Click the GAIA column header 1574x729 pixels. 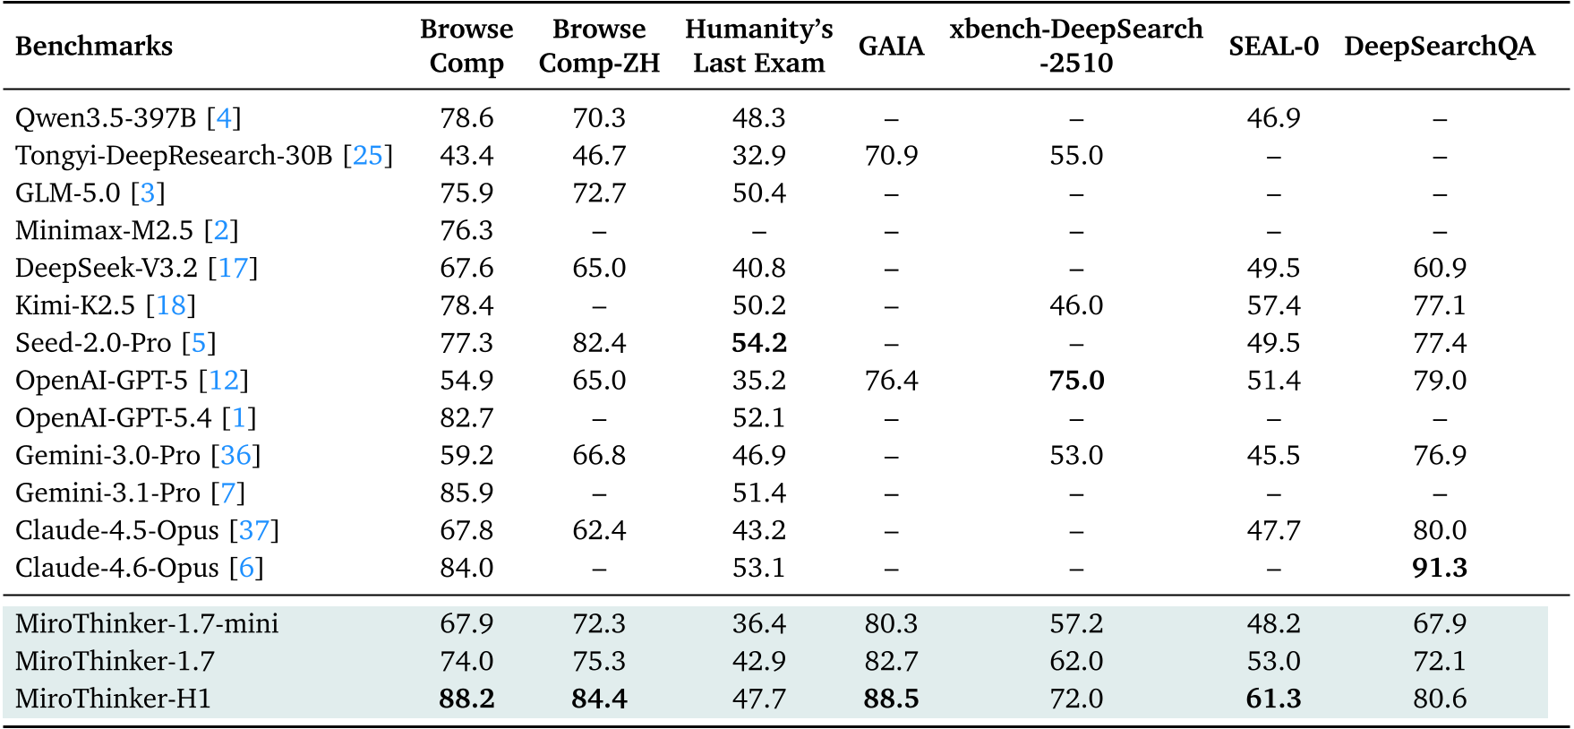(891, 46)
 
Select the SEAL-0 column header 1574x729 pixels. (1273, 46)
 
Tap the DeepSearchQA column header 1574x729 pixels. (1439, 46)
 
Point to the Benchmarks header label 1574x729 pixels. (94, 46)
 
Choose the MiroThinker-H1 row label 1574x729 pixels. (113, 699)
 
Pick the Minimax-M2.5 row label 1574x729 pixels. (104, 230)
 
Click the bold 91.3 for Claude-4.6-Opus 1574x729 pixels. (1439, 568)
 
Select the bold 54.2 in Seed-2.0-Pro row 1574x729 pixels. (758, 343)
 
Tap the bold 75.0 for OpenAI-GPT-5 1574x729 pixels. (1076, 381)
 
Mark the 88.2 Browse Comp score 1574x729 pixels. (466, 699)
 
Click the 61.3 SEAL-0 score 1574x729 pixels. (1273, 699)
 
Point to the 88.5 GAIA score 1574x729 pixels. (891, 699)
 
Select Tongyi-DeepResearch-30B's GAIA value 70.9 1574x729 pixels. (891, 156)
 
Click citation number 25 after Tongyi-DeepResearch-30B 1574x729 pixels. (368, 156)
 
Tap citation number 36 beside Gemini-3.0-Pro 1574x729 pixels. (235, 455)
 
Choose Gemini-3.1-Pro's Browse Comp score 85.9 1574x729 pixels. (466, 493)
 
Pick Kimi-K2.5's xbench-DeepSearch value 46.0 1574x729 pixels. (1076, 305)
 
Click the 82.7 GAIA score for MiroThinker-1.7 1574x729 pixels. (891, 661)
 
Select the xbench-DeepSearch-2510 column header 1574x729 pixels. (1076, 46)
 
